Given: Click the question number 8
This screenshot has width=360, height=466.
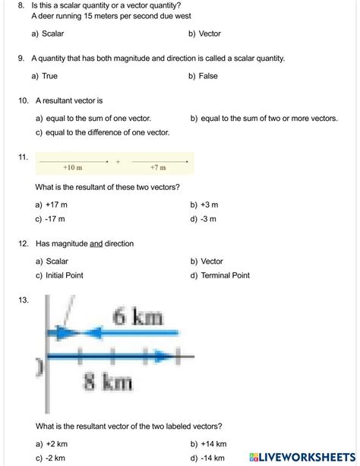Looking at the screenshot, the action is pyautogui.click(x=20, y=5).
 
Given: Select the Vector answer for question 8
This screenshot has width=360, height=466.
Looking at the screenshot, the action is pyautogui.click(x=206, y=34).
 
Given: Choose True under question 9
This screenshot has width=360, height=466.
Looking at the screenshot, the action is pyautogui.click(x=45, y=76).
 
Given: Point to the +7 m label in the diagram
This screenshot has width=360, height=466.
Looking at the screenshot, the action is pyautogui.click(x=158, y=167).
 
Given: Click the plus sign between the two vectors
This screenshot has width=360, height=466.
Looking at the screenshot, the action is pyautogui.click(x=118, y=161).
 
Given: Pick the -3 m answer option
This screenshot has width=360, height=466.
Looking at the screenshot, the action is pyautogui.click(x=204, y=219).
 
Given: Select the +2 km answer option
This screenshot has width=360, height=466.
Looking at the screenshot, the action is pyautogui.click(x=50, y=443).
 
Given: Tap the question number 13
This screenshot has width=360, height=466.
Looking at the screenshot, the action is pyautogui.click(x=23, y=300).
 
